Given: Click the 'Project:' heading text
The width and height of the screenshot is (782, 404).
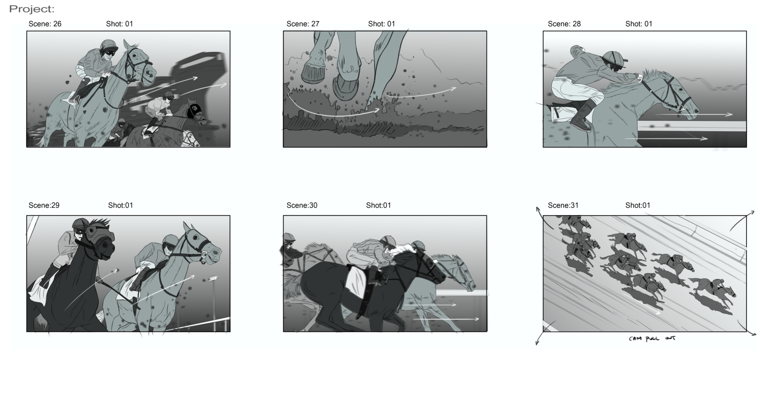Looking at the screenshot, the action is pos(32,9).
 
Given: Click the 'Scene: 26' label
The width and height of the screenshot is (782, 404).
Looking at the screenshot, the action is pos(45,24).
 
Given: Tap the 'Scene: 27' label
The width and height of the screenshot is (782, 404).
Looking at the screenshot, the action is pos(303,24).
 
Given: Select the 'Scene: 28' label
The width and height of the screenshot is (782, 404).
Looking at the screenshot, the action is pos(564,24).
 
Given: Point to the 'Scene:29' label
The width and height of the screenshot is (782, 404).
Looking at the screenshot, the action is pos(44,205).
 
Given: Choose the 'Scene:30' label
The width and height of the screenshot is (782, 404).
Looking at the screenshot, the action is pos(302,205).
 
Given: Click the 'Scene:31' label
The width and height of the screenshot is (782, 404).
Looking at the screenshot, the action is pos(563,205).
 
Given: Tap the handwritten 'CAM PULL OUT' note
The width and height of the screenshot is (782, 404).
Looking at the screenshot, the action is pos(652,338).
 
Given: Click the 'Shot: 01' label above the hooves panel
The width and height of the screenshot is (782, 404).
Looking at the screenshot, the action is pos(381,24).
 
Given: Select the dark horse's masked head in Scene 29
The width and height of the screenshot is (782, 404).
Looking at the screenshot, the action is pos(100,241).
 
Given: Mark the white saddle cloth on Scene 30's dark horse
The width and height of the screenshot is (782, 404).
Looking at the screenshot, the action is pos(355,281).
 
